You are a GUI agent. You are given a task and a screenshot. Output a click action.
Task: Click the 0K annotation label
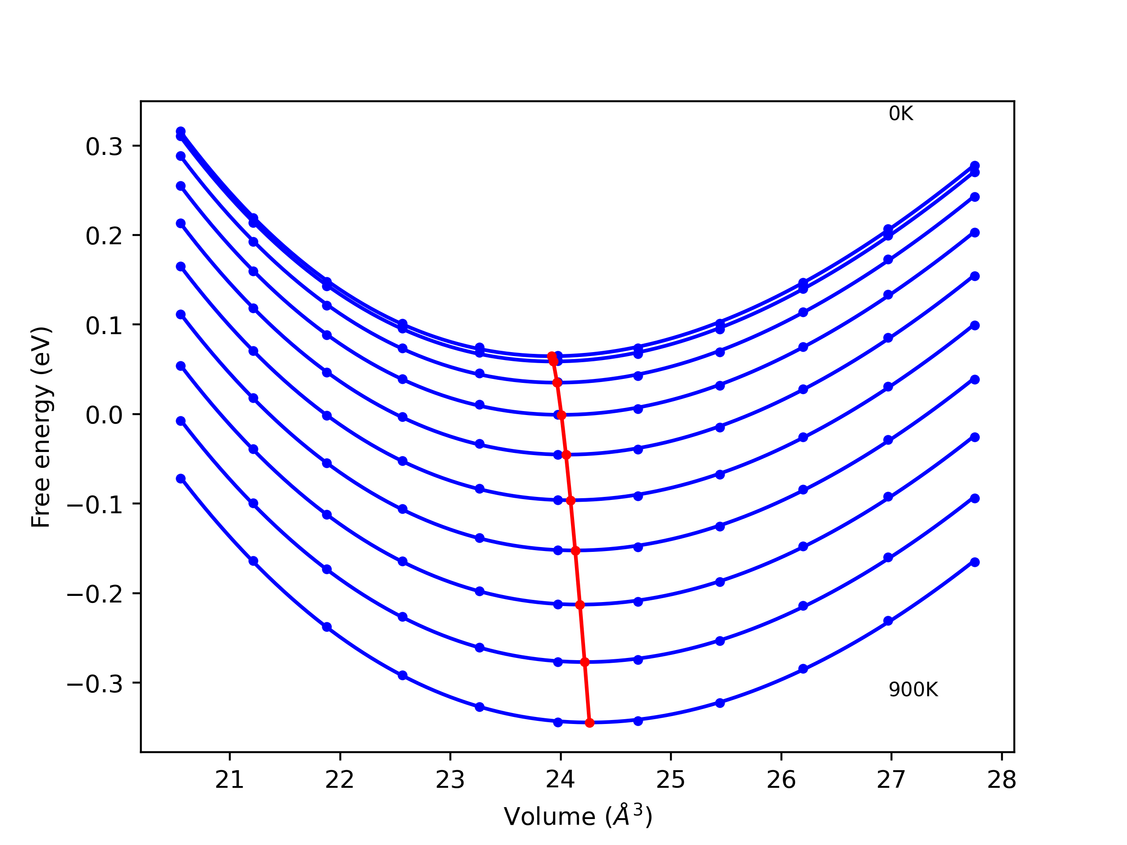(x=901, y=114)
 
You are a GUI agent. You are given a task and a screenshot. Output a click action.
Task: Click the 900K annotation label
(x=913, y=690)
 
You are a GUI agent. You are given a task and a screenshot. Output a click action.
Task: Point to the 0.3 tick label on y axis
(x=104, y=147)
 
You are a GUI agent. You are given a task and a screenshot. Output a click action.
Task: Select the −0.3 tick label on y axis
(x=95, y=684)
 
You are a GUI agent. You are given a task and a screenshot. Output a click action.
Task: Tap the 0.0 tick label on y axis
(x=104, y=415)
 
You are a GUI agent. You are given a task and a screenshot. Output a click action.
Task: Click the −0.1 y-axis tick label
(x=95, y=505)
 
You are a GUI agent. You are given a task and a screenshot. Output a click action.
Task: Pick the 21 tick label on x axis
(x=229, y=780)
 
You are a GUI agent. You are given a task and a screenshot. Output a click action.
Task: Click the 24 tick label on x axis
(x=560, y=780)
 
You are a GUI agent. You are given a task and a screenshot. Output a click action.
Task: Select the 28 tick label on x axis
(x=1002, y=780)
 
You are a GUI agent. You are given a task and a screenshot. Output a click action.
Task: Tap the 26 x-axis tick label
(x=781, y=780)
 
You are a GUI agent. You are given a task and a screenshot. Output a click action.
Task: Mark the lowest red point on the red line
(x=589, y=723)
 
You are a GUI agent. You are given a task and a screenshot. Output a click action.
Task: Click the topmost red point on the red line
(x=552, y=356)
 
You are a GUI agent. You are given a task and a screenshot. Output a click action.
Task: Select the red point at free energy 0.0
(x=561, y=415)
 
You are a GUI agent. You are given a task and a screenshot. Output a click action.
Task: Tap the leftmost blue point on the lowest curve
(x=180, y=478)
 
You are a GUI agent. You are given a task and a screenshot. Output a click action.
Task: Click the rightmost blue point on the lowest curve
(x=975, y=562)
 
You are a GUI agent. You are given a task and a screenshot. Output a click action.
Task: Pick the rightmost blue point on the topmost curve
(x=975, y=165)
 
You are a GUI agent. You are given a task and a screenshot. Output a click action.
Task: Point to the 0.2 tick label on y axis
(x=104, y=236)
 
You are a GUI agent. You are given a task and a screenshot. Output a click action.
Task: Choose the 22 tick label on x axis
(x=340, y=780)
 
